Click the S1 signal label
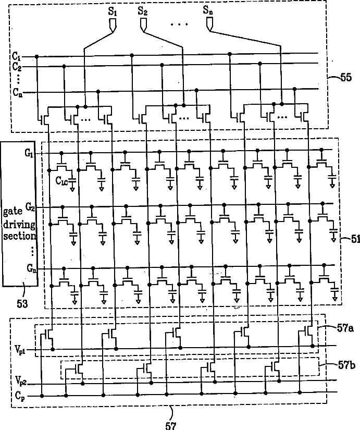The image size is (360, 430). (112, 9)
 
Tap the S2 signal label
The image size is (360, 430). (143, 9)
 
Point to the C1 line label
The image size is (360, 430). (17, 55)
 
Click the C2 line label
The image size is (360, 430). (17, 67)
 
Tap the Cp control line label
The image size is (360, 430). (19, 396)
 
